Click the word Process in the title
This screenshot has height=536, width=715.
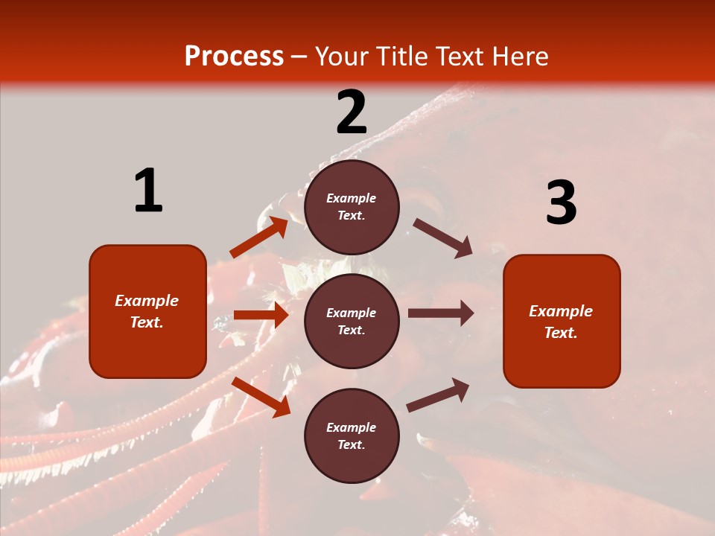(234, 57)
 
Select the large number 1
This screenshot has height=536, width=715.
(148, 191)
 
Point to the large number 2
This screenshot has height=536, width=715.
(352, 112)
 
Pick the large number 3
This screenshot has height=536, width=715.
(561, 203)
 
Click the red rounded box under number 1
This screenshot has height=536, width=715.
(147, 311)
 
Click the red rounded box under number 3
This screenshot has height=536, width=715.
(562, 321)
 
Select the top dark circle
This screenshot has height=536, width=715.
(352, 206)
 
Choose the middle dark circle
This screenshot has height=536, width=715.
(352, 321)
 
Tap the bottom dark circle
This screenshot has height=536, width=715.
(352, 435)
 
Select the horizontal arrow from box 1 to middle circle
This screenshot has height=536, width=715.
(261, 315)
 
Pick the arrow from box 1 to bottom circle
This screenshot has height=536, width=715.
(261, 397)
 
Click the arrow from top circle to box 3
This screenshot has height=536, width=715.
(442, 238)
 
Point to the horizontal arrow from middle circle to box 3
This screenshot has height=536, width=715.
(440, 313)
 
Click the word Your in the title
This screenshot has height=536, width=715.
(344, 57)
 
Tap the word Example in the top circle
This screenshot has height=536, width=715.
(352, 198)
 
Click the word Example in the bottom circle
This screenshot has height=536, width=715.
(352, 427)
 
